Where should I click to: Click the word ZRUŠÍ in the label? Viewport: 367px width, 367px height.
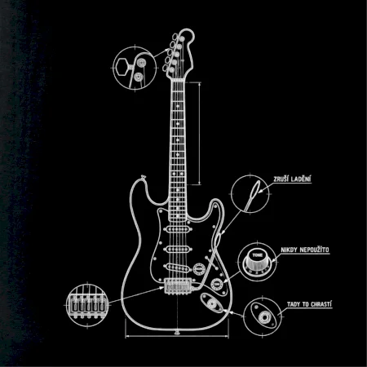(x=281, y=179)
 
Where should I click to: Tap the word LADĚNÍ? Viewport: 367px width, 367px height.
(x=301, y=179)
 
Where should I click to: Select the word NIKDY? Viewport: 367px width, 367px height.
(x=289, y=250)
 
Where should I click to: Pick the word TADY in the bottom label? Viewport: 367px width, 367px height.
(x=294, y=304)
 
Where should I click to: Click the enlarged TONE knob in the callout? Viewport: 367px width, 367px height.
(x=258, y=262)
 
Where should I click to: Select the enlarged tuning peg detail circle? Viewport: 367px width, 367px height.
(x=135, y=68)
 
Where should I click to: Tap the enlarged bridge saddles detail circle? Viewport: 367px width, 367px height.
(x=87, y=305)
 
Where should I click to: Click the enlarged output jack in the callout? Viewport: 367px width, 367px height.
(x=263, y=316)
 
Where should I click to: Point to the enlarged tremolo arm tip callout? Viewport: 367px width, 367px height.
(x=250, y=194)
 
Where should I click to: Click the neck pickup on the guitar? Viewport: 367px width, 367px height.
(x=178, y=229)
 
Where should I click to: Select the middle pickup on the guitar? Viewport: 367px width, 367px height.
(x=178, y=249)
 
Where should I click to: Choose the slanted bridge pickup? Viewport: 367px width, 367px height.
(x=178, y=268)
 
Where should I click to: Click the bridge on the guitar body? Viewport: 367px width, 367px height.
(x=177, y=286)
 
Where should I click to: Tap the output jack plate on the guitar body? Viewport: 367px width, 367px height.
(x=212, y=303)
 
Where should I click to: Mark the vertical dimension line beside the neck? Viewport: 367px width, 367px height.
(x=200, y=133)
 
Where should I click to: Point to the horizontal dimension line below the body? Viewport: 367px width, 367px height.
(x=177, y=336)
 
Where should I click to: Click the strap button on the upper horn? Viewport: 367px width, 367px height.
(x=143, y=177)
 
